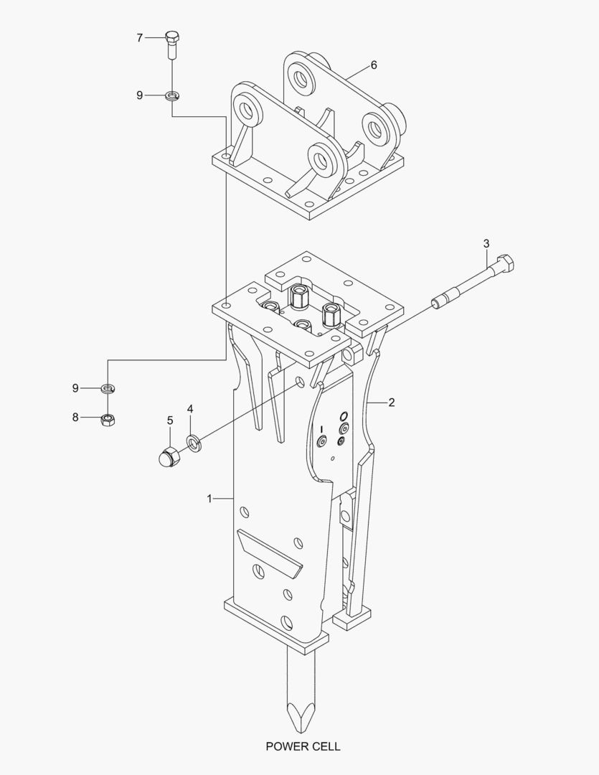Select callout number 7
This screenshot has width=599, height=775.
[140, 38]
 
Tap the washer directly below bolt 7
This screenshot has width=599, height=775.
[172, 95]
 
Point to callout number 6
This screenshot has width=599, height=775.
[374, 65]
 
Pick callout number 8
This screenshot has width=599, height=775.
[75, 417]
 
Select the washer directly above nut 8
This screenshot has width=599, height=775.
[107, 389]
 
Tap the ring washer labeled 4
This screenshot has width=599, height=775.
[194, 441]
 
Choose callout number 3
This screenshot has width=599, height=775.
[486, 244]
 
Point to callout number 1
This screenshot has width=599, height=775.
[209, 498]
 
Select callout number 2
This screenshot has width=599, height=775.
[392, 403]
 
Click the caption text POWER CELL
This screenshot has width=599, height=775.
[303, 746]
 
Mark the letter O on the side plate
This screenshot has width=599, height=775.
[344, 417]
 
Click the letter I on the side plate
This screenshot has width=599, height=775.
[321, 428]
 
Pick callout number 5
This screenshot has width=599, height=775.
[170, 420]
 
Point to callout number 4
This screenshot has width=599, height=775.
[190, 409]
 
